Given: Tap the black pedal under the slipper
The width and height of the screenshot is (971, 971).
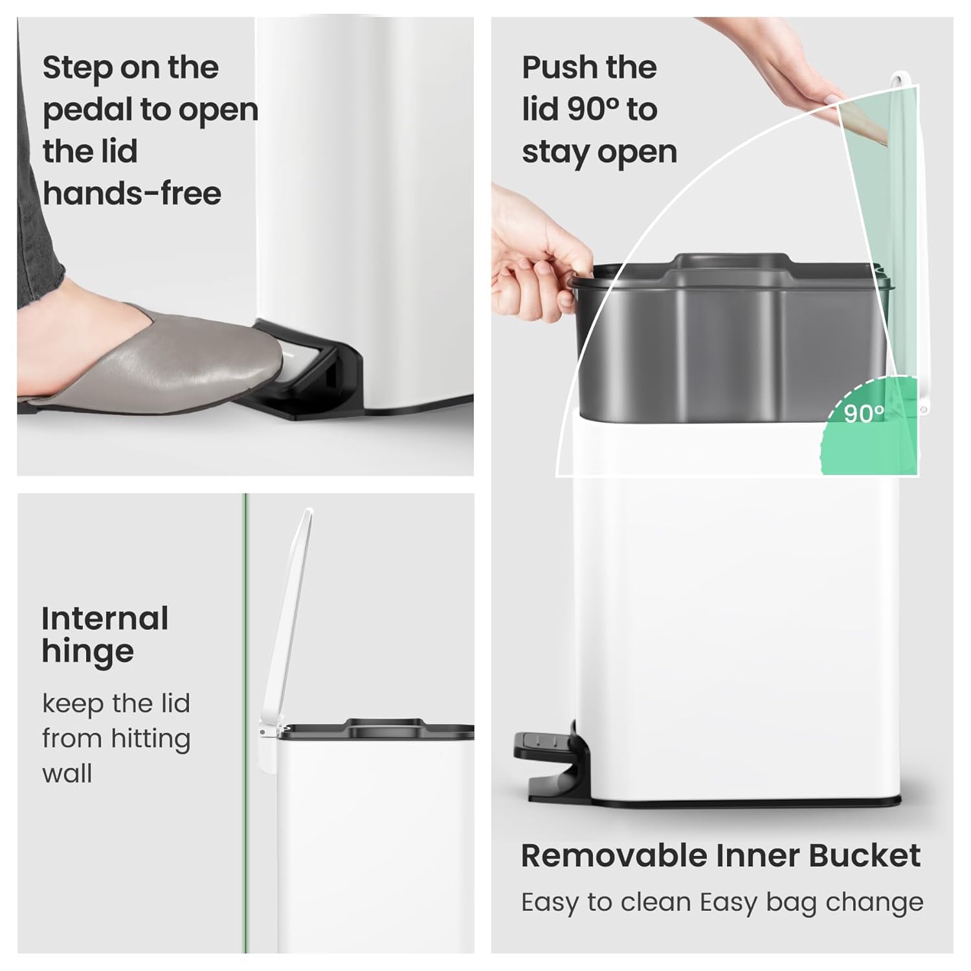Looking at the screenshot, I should [324, 388].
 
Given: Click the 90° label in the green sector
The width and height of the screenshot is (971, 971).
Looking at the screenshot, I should [864, 414].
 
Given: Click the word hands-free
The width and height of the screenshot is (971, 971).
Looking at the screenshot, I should [132, 194].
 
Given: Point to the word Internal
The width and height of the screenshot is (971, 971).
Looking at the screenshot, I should [105, 618].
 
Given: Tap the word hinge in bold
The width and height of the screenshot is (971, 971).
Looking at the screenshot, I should [87, 652].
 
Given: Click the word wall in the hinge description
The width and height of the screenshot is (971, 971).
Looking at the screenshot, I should [67, 774].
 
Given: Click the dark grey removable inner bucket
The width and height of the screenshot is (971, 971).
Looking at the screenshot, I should [725, 337].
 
